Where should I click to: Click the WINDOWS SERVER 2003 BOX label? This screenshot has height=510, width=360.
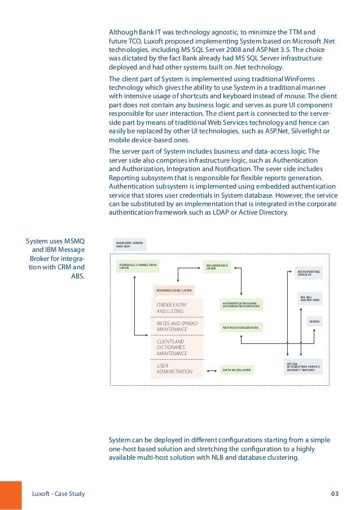130,244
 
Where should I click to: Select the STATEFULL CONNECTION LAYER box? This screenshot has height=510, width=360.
138,266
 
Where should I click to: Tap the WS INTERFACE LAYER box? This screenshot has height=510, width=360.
217,266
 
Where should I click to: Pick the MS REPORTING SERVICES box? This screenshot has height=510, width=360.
309,273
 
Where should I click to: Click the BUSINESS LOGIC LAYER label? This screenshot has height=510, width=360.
174,291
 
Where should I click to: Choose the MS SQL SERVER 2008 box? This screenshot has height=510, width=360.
310,298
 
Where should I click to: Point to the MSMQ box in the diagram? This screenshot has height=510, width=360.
314,321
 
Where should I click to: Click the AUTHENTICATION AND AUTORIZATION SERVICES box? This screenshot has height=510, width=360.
241,305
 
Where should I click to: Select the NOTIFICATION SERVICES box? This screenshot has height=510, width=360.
241,328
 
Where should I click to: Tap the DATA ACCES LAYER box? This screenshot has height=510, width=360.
237,370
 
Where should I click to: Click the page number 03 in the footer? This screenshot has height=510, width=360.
335,494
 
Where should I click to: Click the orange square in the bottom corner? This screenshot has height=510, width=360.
11,495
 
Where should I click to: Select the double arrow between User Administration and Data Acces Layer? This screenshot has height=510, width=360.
212,370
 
